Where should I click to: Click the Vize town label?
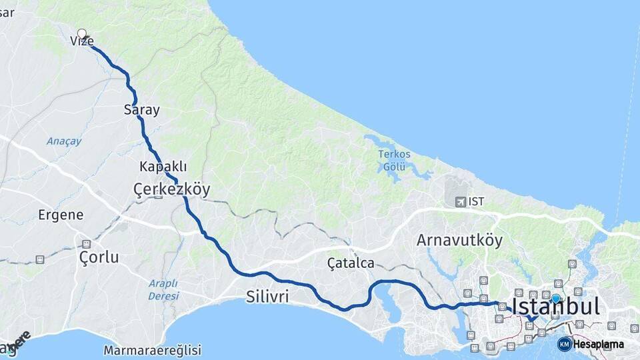point(81,41)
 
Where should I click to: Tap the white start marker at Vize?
point(82,33)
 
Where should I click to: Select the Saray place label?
point(142,110)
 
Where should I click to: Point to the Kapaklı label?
point(163,166)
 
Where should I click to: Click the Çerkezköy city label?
point(172,190)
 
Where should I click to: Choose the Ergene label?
point(61,215)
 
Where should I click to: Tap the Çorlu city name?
point(99,257)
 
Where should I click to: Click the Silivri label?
point(267,297)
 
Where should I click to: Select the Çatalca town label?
point(351,263)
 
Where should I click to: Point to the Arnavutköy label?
point(459,240)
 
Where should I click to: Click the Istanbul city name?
point(555,307)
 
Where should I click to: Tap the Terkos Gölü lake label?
point(395,161)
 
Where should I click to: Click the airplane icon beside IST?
point(460,201)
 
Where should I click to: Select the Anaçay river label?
point(64,141)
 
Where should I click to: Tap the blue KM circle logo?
point(565,344)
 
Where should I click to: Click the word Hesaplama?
point(599,345)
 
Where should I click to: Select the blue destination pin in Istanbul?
point(556,298)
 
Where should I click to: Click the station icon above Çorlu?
point(86,243)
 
